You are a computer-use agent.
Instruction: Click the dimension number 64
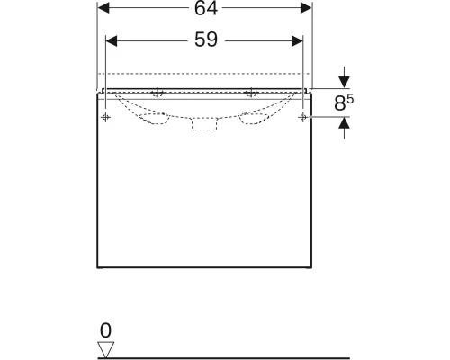coord(206,8)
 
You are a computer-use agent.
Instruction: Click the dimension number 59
coord(206,40)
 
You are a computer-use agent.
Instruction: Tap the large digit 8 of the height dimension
coord(339,103)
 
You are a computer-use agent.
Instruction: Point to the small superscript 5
coord(350,99)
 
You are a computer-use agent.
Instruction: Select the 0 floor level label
coord(105,330)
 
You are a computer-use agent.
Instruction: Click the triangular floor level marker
coord(106,350)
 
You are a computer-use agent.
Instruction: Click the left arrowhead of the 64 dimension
coord(103,8)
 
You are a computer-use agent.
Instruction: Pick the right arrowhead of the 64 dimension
coord(306,8)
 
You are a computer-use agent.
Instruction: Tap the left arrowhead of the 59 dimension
coord(112,41)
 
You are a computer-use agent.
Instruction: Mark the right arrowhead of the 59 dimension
coord(297,41)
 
